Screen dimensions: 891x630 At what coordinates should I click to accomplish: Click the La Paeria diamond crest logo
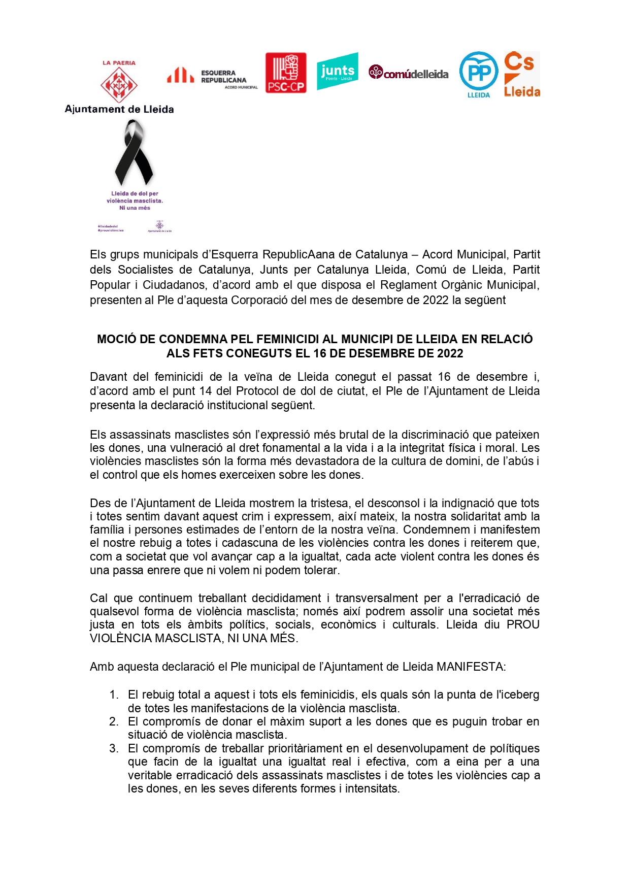(119, 85)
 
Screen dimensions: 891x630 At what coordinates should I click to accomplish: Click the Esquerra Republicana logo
(212, 77)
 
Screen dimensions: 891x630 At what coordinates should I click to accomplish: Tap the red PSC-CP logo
(286, 73)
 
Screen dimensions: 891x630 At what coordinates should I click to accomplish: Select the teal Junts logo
(338, 71)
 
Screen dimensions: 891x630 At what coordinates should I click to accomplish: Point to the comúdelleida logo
(409, 73)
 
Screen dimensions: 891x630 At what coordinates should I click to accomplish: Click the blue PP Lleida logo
(478, 74)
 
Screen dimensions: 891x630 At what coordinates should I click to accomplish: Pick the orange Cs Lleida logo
(521, 74)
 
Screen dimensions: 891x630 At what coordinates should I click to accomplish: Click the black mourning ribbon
(134, 153)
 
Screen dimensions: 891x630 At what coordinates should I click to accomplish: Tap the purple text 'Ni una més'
(135, 208)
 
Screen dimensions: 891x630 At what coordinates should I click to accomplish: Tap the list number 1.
(114, 695)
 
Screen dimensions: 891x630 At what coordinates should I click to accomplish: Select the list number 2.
(114, 721)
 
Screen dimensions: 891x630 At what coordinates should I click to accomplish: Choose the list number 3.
(114, 748)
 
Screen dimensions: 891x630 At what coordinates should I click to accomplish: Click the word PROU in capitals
(523, 624)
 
